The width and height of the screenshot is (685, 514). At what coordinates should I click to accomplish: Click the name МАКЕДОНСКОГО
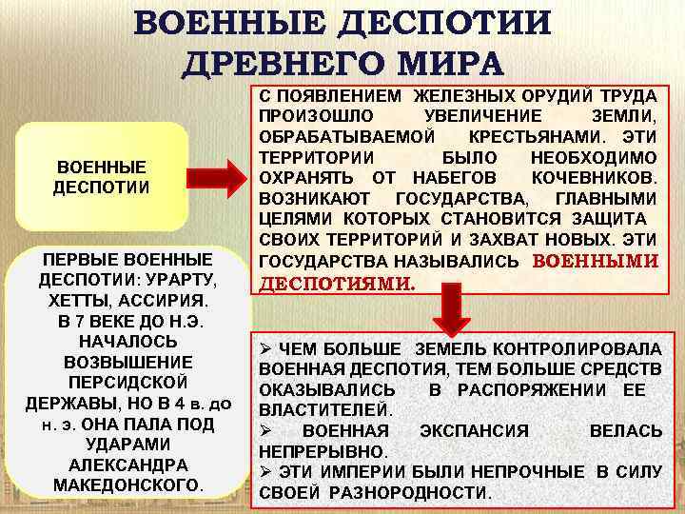pyautogui.click(x=127, y=484)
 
